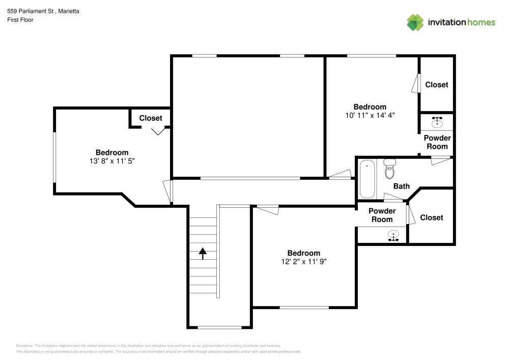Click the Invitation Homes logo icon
pos(415,22)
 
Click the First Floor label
pos(20,20)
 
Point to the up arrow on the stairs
pos(203,253)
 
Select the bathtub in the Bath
pos(367,179)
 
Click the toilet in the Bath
pos(390,169)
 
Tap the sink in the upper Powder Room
pos(437,122)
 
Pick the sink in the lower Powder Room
pos(393,236)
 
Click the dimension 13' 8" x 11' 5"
pos(112,160)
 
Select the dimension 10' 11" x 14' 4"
pos(370,115)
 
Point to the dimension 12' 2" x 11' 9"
pos(303,261)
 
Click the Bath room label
pos(401,186)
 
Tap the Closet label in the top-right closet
pos(437,85)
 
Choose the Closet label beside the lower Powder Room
pos(431,217)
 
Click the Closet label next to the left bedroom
pos(151,118)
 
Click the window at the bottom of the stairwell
pos(219,327)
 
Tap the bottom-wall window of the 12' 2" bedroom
pos(304,307)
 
